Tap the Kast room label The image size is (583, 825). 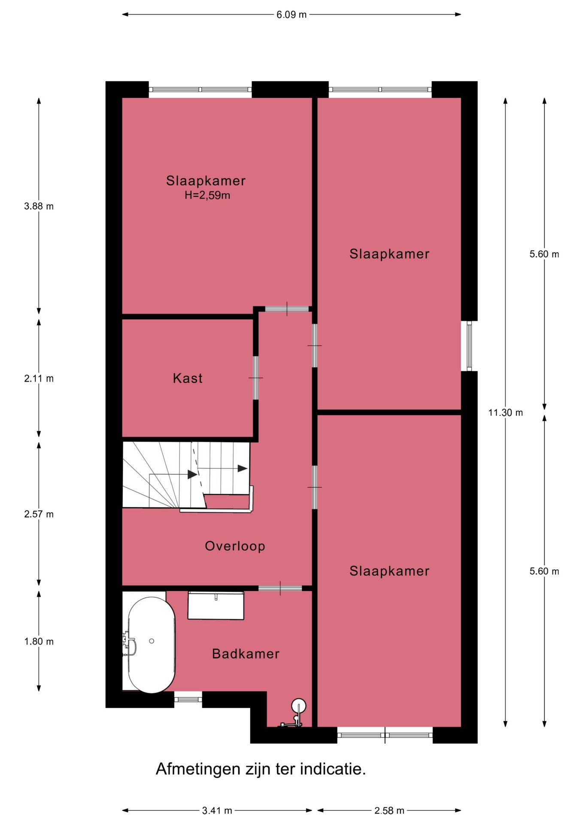click(188, 378)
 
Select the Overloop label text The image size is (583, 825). click(235, 546)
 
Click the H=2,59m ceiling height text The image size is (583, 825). click(207, 196)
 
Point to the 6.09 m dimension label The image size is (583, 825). click(291, 15)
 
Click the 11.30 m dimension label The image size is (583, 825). click(505, 412)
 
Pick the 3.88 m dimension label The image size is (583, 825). click(39, 206)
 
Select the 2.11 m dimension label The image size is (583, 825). click(39, 379)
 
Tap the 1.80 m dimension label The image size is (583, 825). click(39, 642)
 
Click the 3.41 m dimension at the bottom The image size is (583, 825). click(217, 810)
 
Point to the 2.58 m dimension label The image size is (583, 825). click(389, 810)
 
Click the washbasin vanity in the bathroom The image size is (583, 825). click(216, 606)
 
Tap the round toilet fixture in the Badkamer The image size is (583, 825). click(299, 706)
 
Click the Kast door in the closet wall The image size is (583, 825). click(256, 378)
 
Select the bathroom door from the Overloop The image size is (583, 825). click(280, 588)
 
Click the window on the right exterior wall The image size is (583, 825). click(469, 346)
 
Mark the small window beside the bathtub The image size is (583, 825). click(188, 700)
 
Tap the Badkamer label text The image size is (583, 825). click(246, 654)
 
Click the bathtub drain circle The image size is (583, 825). click(152, 641)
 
